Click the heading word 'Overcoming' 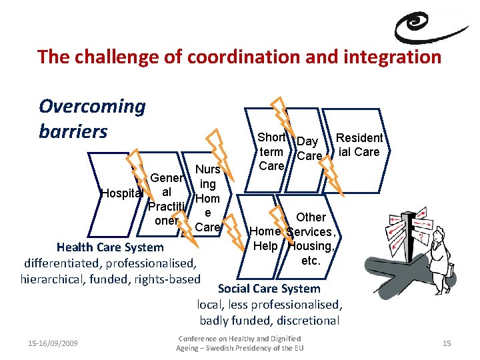point(92,106)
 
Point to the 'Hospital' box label point(121,193)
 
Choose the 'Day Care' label point(308,149)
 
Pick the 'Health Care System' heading point(110,247)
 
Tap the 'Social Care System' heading point(269,289)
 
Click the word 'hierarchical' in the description point(57,279)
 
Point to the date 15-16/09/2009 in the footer point(53,343)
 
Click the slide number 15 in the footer point(447,343)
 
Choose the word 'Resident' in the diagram point(359,138)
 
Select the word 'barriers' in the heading point(73,131)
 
